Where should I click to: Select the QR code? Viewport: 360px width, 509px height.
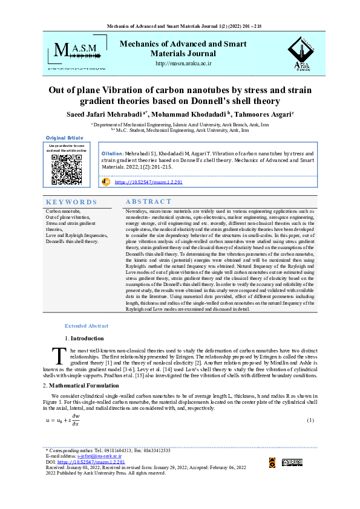67,169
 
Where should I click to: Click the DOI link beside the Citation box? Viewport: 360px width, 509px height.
148,181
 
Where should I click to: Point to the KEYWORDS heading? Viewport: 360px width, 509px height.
71,202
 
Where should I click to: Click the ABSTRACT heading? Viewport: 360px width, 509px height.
148,201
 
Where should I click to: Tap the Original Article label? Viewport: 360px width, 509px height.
65,138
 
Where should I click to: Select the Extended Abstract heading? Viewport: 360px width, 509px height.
86,325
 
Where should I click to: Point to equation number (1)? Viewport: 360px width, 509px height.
310,420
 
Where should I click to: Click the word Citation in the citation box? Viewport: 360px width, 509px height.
113,154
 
